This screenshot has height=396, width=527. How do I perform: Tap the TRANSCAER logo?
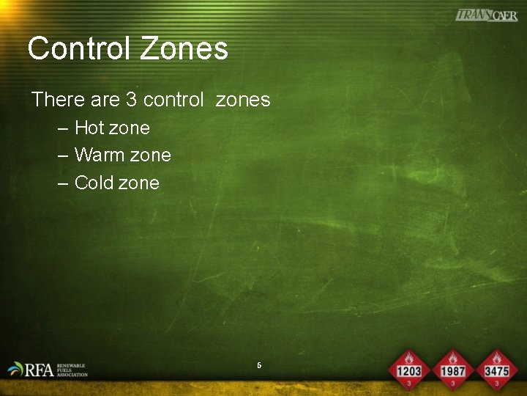coord(486,15)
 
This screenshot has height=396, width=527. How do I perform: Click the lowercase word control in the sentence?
coord(173,99)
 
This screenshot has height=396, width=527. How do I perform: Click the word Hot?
coord(89,128)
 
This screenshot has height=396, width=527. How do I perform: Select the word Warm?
coord(99,155)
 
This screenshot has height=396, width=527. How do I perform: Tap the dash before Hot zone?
coord(63,128)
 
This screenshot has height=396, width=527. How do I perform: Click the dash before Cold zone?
coord(63,183)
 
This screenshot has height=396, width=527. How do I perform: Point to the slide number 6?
coord(259,364)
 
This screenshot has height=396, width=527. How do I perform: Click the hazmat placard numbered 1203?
coord(409,370)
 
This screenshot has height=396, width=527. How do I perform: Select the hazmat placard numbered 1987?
coord(453,370)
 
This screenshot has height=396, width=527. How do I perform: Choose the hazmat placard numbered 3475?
coord(496,370)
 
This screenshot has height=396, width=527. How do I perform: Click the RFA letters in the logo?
coord(39,370)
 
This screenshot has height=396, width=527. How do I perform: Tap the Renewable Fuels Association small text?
coord(72,370)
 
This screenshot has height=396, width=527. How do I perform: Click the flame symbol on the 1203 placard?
coord(409,359)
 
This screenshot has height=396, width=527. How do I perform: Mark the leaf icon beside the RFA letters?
coord(15,368)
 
